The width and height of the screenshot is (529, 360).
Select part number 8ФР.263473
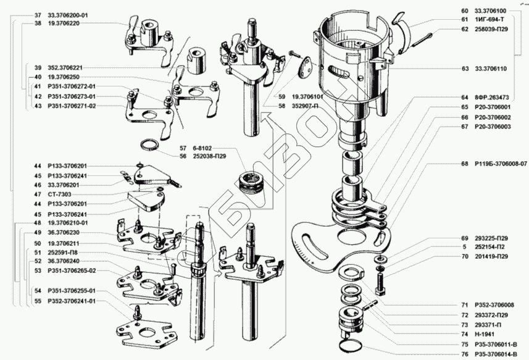[x=492, y=98]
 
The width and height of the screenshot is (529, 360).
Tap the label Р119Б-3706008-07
[x=501, y=164]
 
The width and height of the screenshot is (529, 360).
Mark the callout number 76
[x=464, y=354]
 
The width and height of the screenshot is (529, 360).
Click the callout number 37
[x=38, y=14]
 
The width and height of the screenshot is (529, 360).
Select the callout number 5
[x=464, y=246]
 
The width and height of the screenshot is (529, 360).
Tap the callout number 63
[x=464, y=69]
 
